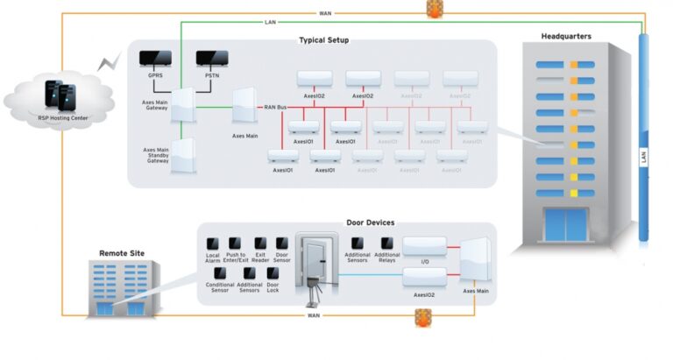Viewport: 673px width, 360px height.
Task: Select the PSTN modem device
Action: click(212, 59)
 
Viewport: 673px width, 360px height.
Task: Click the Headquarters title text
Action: click(566, 37)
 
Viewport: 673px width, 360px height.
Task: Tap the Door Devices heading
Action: click(346, 223)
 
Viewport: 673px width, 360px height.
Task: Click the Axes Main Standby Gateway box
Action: click(184, 158)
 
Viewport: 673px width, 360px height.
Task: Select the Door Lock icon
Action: click(273, 273)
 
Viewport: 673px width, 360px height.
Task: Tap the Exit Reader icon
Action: click(260, 243)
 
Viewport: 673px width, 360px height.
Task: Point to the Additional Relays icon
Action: click(387, 243)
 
